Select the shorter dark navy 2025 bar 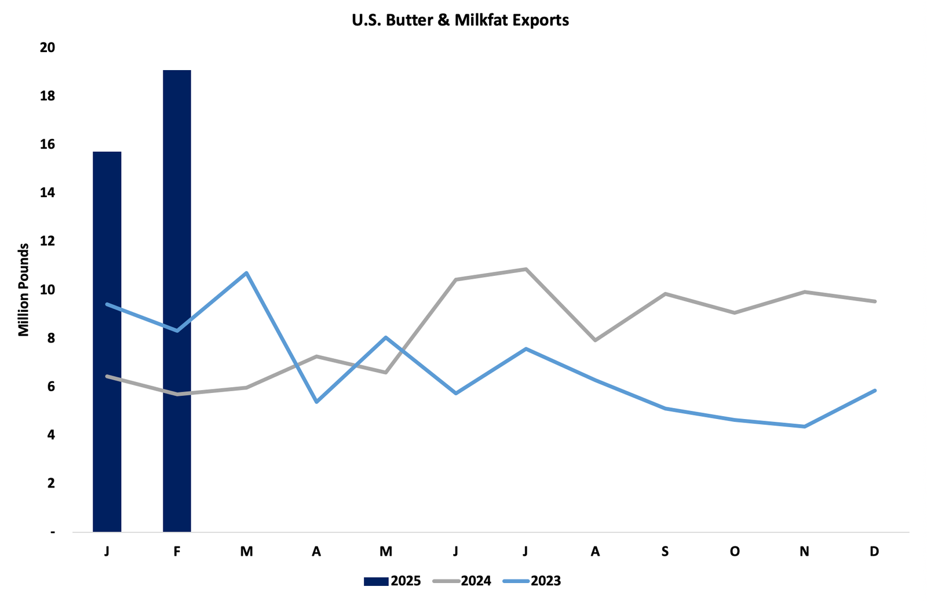[107, 341]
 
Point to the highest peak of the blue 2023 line [247, 272]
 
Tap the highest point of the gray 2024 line [525, 269]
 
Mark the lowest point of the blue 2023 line [804, 427]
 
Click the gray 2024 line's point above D [874, 301]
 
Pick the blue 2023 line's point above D [874, 391]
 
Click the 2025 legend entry [392, 581]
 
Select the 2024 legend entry [462, 581]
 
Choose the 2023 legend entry [532, 581]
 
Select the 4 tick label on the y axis [51, 435]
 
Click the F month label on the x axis [177, 551]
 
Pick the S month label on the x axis [665, 551]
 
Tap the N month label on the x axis [804, 551]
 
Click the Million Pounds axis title [23, 290]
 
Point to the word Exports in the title [543, 20]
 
